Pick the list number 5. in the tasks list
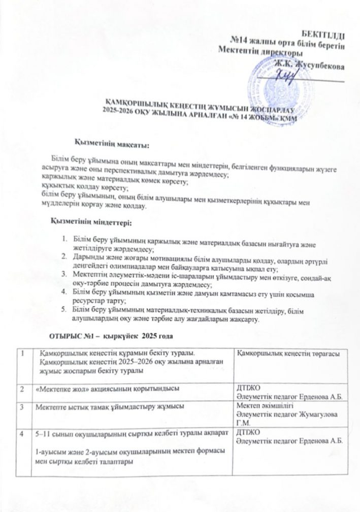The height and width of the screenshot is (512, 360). (x=63, y=309)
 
